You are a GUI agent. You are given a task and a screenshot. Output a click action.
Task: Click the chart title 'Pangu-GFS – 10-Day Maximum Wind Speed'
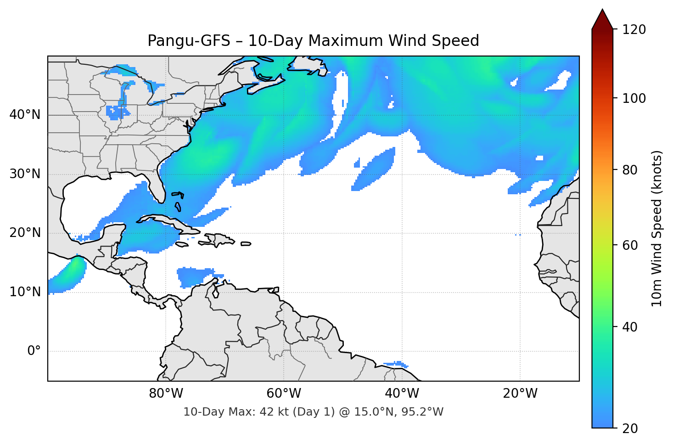point(313,41)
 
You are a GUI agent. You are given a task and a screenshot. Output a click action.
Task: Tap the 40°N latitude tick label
point(25,115)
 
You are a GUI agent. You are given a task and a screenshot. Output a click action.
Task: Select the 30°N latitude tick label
point(25,174)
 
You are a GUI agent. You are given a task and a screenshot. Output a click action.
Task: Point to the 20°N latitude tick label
point(25,233)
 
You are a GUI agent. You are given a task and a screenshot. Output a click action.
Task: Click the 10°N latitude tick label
point(25,292)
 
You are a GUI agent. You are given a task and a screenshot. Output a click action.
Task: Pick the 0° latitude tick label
point(34,351)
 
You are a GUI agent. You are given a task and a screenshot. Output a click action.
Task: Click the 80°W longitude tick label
point(166,394)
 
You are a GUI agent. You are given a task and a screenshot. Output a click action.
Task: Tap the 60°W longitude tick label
point(284,394)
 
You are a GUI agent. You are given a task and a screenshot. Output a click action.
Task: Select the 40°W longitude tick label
point(402,394)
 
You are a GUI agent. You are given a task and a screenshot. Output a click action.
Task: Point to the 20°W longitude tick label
point(520,394)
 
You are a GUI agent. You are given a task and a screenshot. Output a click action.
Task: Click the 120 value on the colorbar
point(634,30)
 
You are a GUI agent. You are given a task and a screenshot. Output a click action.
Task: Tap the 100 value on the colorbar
point(634,98)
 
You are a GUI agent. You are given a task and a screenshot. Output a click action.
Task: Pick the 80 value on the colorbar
point(630,170)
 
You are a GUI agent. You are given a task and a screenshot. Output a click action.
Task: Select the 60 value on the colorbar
point(630,245)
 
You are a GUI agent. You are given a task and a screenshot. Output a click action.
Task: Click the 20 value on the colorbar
point(630,428)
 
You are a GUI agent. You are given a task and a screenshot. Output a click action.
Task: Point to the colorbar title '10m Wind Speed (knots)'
point(657,229)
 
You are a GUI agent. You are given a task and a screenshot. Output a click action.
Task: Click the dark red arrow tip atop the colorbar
point(602,18)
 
